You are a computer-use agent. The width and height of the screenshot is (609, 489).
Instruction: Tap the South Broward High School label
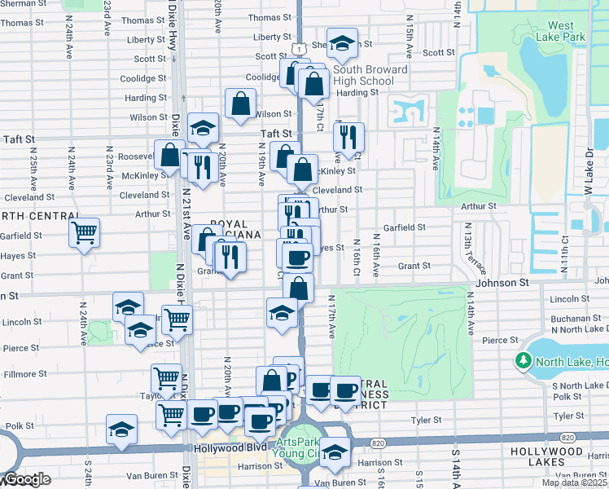[x=370, y=76]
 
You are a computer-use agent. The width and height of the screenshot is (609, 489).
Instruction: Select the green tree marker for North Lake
[x=522, y=360]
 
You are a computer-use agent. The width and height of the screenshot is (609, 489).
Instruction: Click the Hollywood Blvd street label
[x=230, y=449]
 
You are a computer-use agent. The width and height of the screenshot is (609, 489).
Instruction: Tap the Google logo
[x=25, y=479]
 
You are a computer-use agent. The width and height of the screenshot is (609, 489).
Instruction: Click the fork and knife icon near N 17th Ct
[x=349, y=139]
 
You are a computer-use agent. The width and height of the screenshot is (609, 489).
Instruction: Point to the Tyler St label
[x=426, y=421]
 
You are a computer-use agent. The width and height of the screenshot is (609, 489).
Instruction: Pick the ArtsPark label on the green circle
[x=293, y=443]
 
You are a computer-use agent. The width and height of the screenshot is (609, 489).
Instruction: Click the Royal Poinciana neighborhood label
[x=236, y=229]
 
